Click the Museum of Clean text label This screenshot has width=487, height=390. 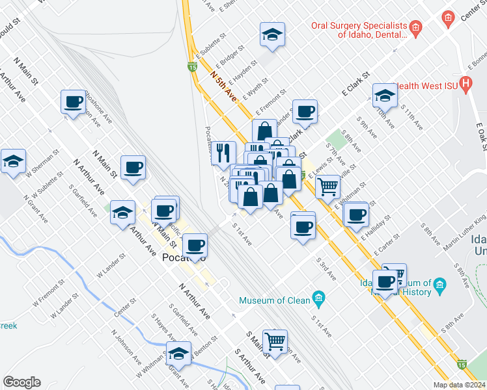pyautogui.click(x=274, y=300)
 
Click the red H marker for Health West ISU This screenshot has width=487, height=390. pyautogui.click(x=466, y=84)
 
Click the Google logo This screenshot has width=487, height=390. pyautogui.click(x=21, y=382)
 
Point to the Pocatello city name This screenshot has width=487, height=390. pyautogui.click(x=182, y=258)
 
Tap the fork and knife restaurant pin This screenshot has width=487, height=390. pyautogui.click(x=223, y=153)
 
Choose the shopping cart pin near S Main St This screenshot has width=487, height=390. pyautogui.click(x=276, y=339)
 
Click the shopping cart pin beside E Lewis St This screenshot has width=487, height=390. pyautogui.click(x=328, y=187)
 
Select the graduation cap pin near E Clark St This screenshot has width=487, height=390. pyautogui.click(x=385, y=96)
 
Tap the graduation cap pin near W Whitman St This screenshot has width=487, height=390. pyautogui.click(x=178, y=354)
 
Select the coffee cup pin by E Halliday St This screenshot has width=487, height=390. pyautogui.click(x=355, y=214)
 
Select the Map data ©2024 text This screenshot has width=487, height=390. pyautogui.click(x=459, y=385)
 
